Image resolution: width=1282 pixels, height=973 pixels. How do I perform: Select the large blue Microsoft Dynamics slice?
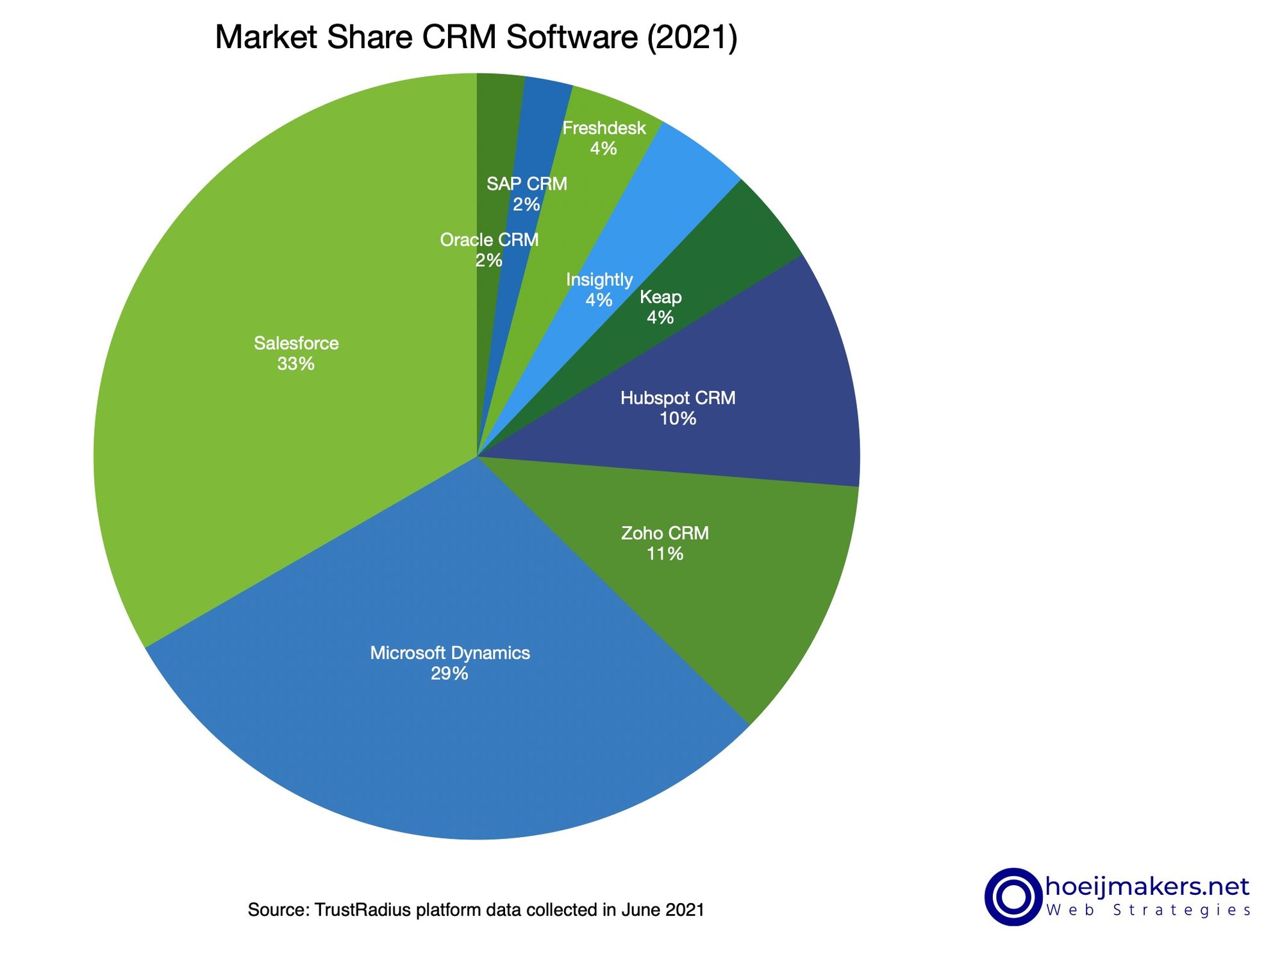(449, 737)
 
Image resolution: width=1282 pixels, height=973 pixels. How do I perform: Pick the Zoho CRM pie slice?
(737, 577)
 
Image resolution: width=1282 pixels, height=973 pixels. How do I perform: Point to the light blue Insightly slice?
(660, 192)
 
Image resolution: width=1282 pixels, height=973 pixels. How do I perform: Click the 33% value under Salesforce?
(296, 364)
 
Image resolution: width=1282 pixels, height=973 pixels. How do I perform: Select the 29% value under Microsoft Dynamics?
(449, 674)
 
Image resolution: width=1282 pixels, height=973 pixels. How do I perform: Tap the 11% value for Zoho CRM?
(665, 554)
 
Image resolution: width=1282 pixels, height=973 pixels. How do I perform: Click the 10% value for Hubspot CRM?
(678, 419)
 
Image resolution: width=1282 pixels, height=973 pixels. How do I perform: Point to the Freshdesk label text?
(604, 128)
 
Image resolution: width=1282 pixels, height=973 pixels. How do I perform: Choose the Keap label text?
(660, 297)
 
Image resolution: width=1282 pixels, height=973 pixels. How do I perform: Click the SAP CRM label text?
(526, 184)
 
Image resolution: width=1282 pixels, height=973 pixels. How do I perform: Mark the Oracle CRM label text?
(489, 240)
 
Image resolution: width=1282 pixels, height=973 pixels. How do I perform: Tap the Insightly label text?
(599, 279)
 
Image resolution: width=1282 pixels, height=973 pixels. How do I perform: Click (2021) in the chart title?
(692, 37)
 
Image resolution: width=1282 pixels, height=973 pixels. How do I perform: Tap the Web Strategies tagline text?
(1148, 911)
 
